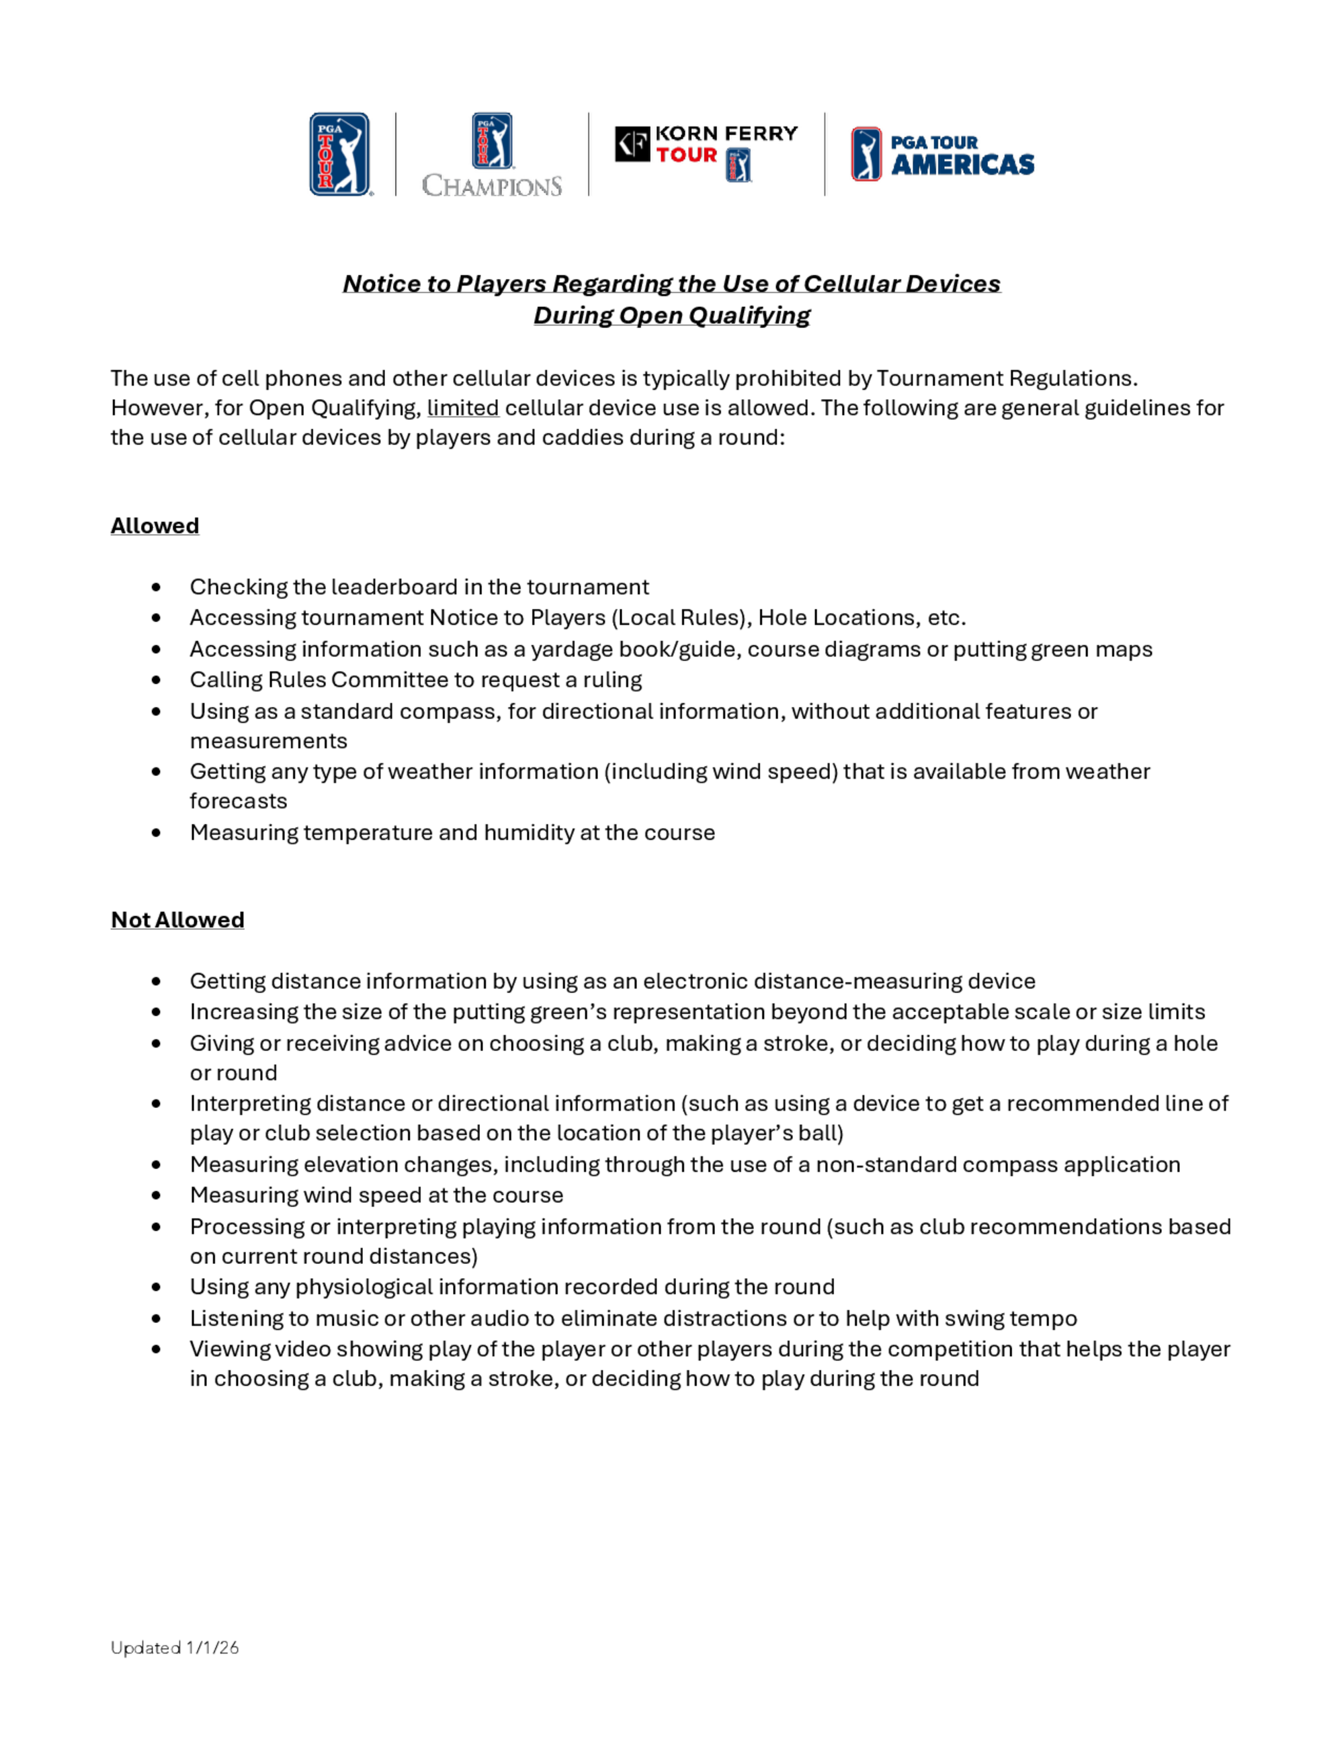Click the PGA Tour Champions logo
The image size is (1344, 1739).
pos(492,155)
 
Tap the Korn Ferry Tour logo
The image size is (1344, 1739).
pos(706,153)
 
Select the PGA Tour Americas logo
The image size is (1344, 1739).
pos(943,155)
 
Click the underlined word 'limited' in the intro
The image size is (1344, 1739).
pos(462,409)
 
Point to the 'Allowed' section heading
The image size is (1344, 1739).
pos(155,526)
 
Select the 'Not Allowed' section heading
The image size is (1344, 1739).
pos(177,921)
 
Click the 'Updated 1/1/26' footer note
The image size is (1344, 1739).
pos(174,1648)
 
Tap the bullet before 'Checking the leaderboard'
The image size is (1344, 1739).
pos(156,588)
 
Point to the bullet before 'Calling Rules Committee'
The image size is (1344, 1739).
pos(156,681)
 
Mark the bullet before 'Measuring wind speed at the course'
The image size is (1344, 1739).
pos(156,1196)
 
